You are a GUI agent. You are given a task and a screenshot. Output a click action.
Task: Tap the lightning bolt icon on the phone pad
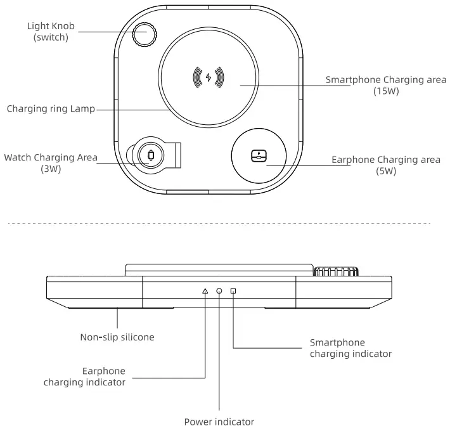click(x=209, y=77)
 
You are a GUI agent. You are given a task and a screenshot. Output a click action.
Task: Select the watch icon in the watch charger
click(x=150, y=155)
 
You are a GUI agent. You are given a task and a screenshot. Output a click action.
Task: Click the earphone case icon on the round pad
click(x=259, y=155)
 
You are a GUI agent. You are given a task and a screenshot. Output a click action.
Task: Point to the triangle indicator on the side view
click(x=205, y=291)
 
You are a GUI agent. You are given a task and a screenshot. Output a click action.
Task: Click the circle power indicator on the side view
click(x=219, y=291)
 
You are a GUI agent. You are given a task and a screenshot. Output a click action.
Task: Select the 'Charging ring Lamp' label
click(x=51, y=108)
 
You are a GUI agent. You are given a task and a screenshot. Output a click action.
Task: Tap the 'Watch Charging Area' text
click(x=51, y=157)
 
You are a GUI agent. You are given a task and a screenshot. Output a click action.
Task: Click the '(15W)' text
click(x=386, y=91)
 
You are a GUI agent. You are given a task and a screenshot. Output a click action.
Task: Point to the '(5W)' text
click(x=385, y=171)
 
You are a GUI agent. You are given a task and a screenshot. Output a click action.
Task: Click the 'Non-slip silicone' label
click(x=117, y=337)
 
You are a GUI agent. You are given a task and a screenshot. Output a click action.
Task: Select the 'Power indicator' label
click(x=219, y=421)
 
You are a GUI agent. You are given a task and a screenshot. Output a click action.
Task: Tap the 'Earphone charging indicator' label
click(x=84, y=377)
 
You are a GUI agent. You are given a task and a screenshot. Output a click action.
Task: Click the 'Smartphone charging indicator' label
click(x=350, y=348)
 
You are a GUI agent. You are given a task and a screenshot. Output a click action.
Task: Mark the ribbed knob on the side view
click(x=337, y=272)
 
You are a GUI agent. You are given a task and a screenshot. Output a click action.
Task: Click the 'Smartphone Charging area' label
click(x=386, y=81)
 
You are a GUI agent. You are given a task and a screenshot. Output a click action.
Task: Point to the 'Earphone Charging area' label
click(x=385, y=160)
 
